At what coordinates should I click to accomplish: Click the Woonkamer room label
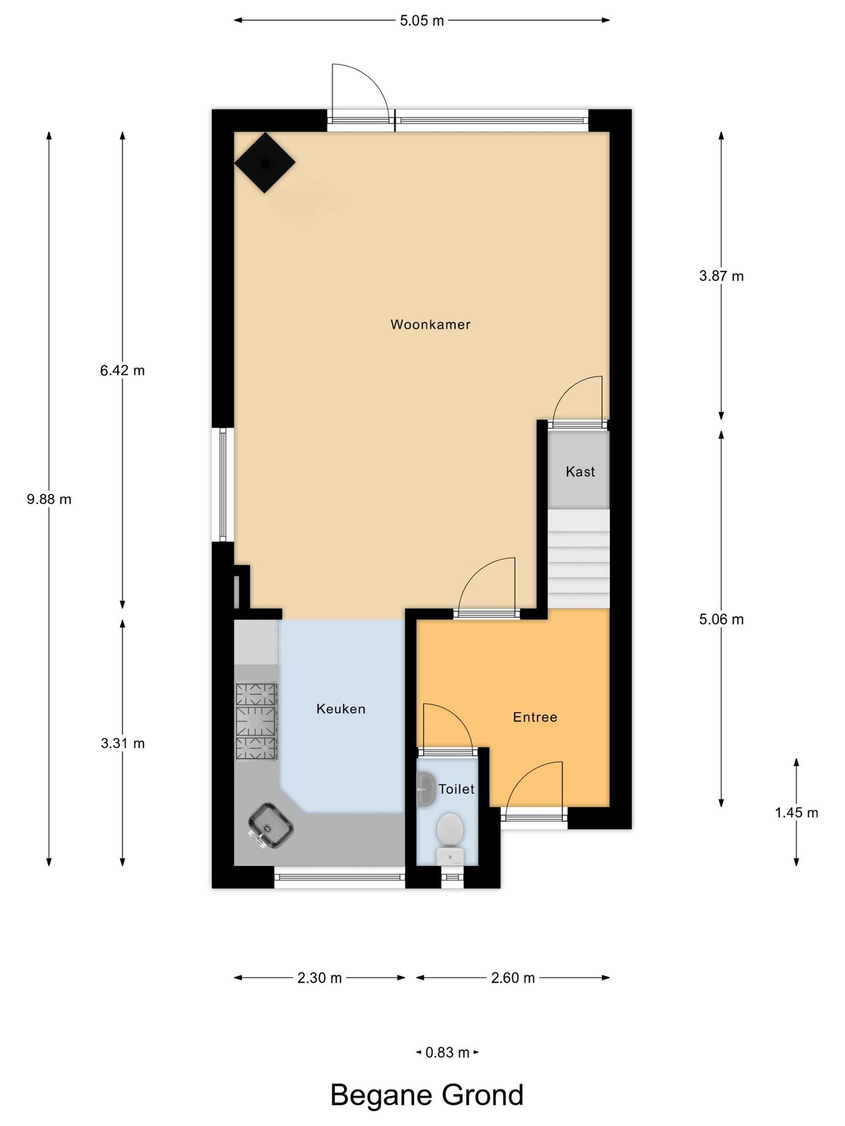[430, 324]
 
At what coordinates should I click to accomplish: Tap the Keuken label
[341, 709]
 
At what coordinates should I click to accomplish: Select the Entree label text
[535, 717]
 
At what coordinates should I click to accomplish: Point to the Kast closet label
[580, 472]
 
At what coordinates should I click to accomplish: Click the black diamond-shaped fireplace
[265, 162]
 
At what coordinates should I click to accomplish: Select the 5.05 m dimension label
[422, 21]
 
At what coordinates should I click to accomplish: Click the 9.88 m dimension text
[49, 500]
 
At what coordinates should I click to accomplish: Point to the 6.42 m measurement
[122, 371]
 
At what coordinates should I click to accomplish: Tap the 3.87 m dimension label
[721, 276]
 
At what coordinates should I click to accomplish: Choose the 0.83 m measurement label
[447, 1053]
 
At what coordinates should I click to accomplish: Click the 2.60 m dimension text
[513, 978]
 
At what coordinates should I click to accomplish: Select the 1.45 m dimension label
[796, 813]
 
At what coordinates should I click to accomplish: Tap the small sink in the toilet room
[425, 789]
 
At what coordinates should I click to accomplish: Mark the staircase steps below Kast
[579, 559]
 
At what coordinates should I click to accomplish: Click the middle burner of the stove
[256, 721]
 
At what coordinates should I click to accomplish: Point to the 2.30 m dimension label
[319, 978]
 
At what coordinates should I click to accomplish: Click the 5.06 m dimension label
[721, 619]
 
